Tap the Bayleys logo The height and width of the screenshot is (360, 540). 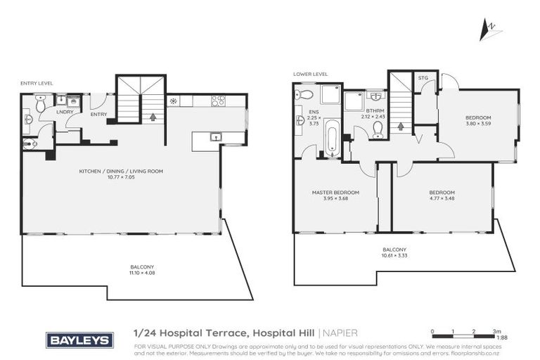[79, 340]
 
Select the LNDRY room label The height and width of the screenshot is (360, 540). [65, 112]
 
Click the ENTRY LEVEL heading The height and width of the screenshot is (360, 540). [37, 83]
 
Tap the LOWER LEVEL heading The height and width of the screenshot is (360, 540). [311, 74]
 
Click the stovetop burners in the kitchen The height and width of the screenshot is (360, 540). [218, 101]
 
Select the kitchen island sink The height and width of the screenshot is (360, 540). [215, 136]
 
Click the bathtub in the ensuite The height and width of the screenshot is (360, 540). [333, 137]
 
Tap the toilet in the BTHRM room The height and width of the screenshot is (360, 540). [378, 129]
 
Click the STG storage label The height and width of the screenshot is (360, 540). [423, 77]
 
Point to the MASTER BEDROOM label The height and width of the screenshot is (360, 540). [335, 192]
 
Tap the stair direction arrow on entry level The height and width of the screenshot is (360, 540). [153, 116]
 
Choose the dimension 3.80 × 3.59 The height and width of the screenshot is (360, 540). [478, 124]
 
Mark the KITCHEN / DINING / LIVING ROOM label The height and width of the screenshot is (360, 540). [121, 171]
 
